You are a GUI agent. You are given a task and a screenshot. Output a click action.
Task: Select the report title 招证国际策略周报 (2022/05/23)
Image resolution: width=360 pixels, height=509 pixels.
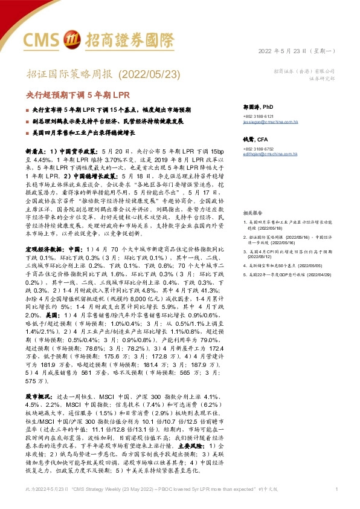95,74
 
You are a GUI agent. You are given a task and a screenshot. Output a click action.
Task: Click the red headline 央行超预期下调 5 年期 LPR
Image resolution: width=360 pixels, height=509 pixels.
75,95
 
